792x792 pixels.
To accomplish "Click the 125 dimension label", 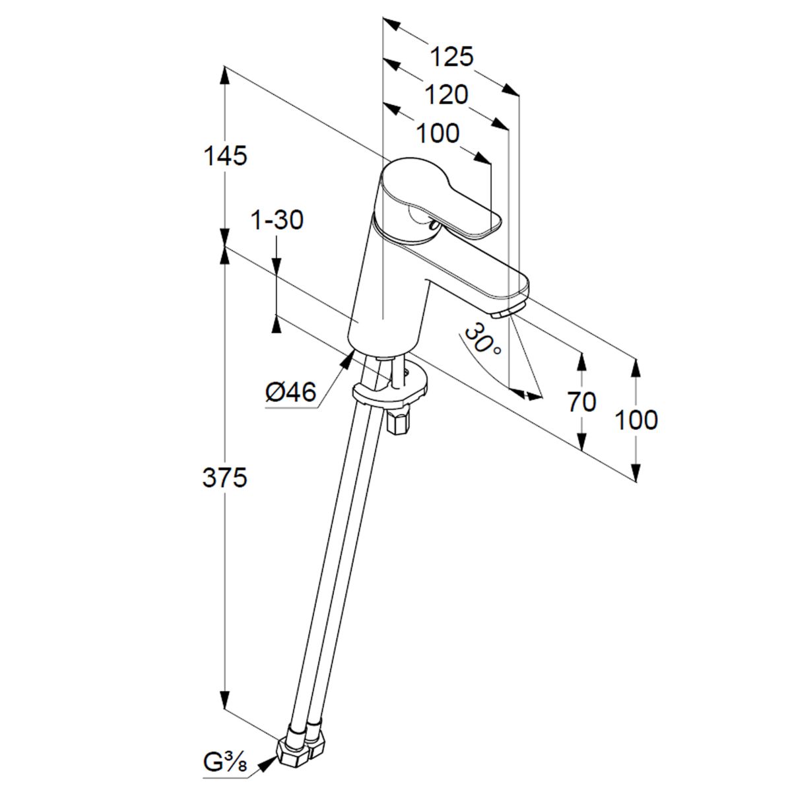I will (x=452, y=57).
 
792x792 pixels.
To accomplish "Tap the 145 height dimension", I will (x=225, y=156).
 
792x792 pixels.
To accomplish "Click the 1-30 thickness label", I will (x=277, y=220).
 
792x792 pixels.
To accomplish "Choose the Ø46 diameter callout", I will (x=290, y=394).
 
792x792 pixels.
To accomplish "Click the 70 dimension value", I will (x=582, y=401).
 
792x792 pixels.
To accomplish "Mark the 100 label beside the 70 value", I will (x=636, y=419).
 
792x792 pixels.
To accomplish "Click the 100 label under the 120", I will (x=438, y=133).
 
